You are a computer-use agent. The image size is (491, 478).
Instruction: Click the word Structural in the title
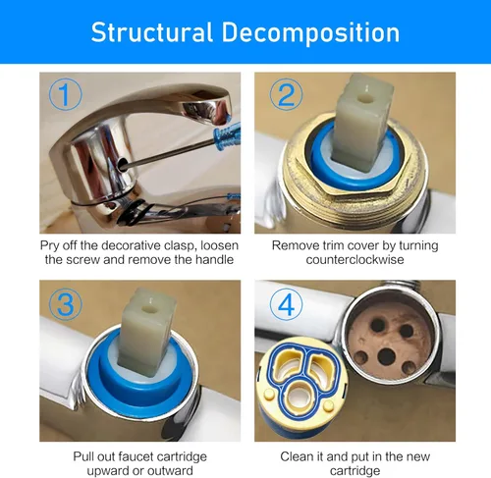point(152,32)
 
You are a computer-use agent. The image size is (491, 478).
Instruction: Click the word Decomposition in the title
point(310,32)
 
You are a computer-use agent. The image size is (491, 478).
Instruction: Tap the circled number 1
point(65,94)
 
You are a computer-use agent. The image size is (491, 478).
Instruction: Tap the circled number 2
point(286,94)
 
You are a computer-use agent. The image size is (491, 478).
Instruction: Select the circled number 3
point(65,304)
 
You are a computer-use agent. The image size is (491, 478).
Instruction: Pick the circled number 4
point(286,304)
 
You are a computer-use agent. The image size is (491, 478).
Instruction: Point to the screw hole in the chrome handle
point(123,163)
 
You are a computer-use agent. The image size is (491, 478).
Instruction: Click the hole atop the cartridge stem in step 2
point(363,98)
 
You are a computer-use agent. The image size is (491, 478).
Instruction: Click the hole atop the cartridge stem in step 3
point(147,308)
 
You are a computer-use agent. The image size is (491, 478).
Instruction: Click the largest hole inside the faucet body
point(386,356)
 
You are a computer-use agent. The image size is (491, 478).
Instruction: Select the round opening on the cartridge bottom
point(300,395)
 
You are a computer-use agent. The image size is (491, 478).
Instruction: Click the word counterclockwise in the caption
point(355,260)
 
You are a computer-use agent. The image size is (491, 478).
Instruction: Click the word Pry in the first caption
point(49,246)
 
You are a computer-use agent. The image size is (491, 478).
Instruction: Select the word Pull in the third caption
point(82,456)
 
